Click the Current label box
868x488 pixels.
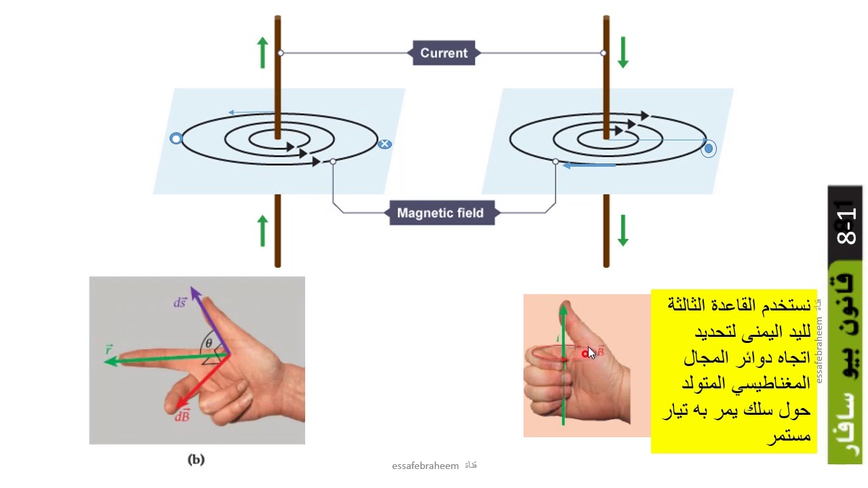click(x=444, y=53)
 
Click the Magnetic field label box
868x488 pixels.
click(x=441, y=213)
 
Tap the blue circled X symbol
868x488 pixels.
click(x=384, y=144)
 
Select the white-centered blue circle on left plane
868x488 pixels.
click(x=176, y=139)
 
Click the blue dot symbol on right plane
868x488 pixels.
click(x=709, y=148)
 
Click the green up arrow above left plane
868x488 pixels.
click(x=263, y=52)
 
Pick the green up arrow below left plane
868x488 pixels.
click(x=263, y=230)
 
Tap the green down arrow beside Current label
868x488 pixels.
click(x=623, y=52)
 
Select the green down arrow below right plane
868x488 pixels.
click(x=623, y=230)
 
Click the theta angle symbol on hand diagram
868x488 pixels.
click(x=209, y=343)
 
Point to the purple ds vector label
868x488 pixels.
click(x=180, y=303)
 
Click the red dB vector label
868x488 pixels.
click(x=182, y=416)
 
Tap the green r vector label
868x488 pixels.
click(x=108, y=350)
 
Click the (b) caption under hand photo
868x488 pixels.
click(x=196, y=460)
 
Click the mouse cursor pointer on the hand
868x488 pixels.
click(x=591, y=352)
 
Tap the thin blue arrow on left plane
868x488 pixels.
click(x=251, y=113)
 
